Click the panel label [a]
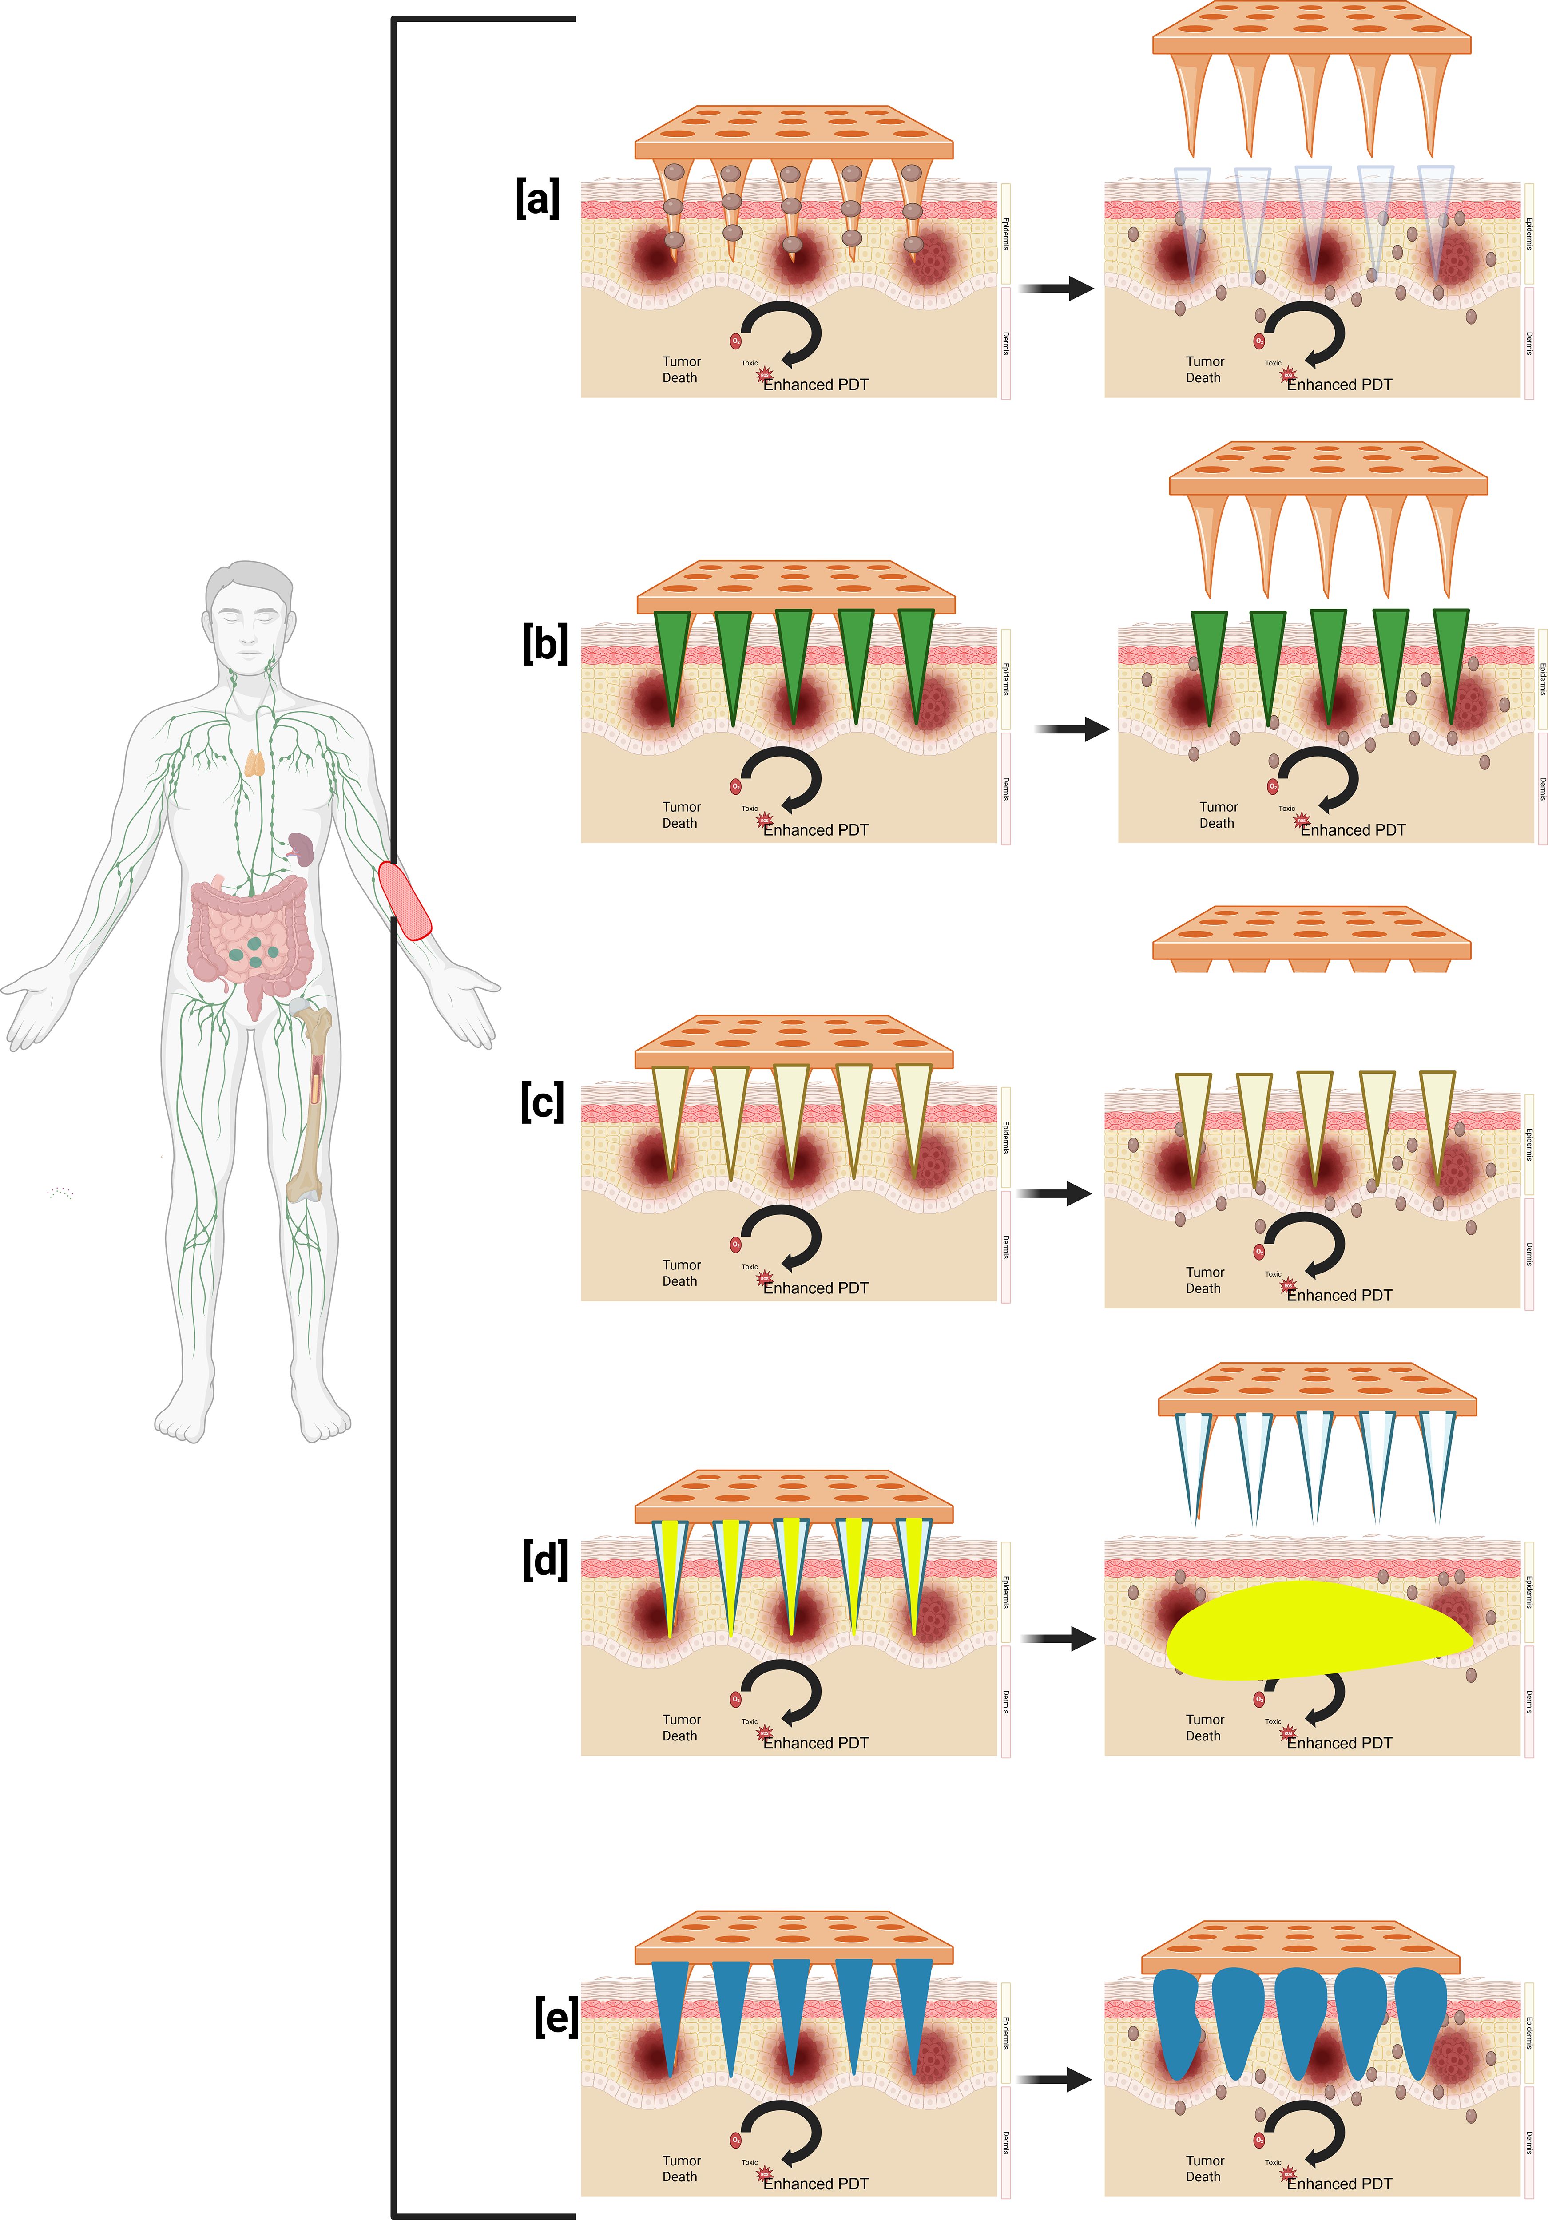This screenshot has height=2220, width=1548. (538, 199)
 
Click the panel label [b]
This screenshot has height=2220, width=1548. (544, 644)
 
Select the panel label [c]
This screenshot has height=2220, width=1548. (541, 1102)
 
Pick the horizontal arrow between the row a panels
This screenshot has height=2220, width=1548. (1057, 288)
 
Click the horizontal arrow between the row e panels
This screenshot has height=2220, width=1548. (1057, 2079)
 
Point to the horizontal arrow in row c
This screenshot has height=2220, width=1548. (1057, 1194)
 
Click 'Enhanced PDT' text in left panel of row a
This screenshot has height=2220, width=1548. (816, 385)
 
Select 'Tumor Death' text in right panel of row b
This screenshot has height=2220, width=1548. (1217, 815)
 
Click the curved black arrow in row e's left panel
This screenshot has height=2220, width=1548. (783, 2127)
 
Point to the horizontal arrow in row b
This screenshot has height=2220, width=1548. (1072, 729)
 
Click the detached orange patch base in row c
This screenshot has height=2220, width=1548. (1311, 938)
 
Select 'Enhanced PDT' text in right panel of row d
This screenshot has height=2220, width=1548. (1339, 1743)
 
